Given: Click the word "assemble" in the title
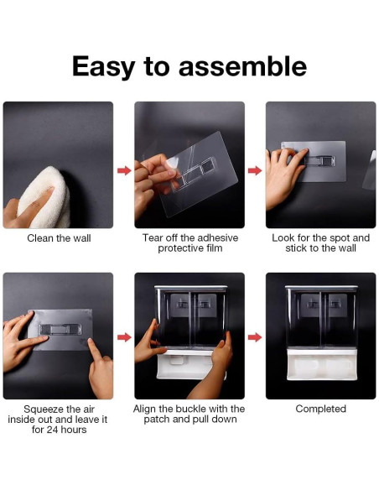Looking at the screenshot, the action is point(242,66).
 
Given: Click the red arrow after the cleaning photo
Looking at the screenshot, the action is point(124,170).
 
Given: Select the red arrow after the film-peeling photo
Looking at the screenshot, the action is point(255,170).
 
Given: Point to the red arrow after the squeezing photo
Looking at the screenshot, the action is point(124,337).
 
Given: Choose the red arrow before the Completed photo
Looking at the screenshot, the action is point(255,337).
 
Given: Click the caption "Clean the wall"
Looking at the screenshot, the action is point(59,238).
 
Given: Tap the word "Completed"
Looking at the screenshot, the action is point(320,409).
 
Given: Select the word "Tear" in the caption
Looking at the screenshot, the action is point(153,237).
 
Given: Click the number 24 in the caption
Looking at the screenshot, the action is point(53,430).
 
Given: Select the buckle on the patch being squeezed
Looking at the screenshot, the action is point(60,330).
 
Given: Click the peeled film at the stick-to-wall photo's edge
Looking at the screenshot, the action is point(370,170).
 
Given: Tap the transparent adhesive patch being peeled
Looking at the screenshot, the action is point(196,173).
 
